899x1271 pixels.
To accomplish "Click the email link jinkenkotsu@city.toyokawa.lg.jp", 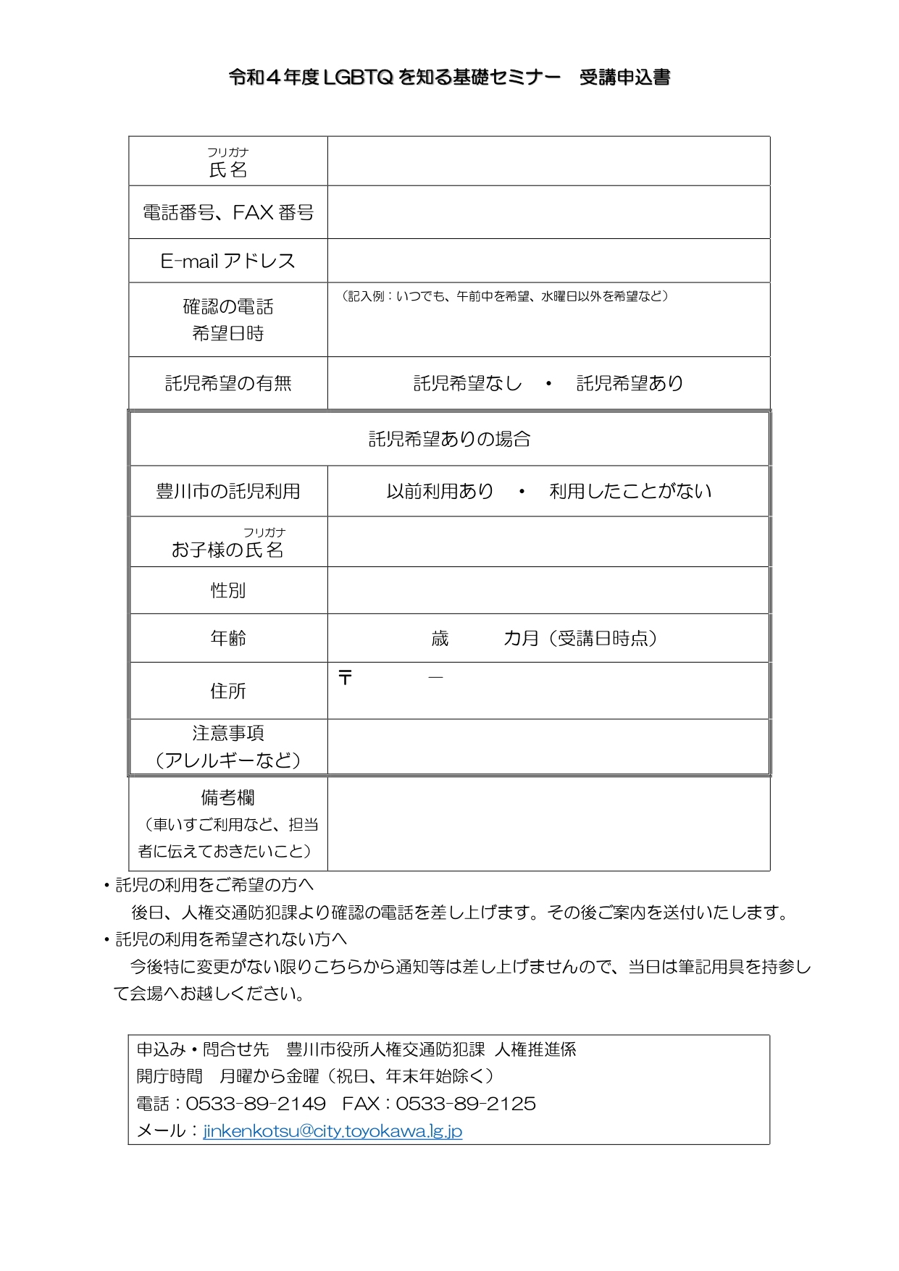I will click(333, 1131).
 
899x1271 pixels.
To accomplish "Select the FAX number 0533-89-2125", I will click(466, 1104).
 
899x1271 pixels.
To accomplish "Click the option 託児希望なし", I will click(467, 383).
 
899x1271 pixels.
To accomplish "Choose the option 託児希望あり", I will click(630, 383).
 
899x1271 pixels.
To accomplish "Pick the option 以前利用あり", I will click(440, 491).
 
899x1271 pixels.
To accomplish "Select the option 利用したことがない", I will click(630, 491).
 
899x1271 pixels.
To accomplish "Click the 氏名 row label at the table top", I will click(228, 169).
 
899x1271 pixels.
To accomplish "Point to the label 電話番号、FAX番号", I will click(228, 212).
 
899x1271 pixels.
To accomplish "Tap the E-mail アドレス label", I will click(228, 261).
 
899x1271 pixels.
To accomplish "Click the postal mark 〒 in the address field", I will click(346, 678).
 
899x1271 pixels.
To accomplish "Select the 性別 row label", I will click(228, 590).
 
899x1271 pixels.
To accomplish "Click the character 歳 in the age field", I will click(440, 638).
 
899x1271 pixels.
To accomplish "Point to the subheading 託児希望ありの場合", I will click(449, 439).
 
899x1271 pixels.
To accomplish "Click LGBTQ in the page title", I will click(358, 77).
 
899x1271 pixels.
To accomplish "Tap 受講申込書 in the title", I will click(624, 77).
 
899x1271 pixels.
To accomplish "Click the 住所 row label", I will click(228, 691).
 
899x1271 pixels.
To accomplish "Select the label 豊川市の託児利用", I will click(228, 491).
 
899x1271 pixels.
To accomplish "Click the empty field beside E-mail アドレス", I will click(548, 261).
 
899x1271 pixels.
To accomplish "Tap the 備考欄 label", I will click(228, 797).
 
